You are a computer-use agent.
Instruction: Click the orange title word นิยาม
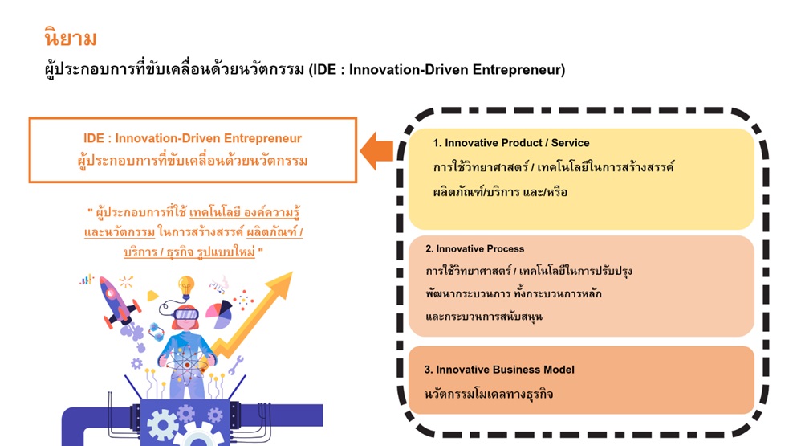[x=71, y=39]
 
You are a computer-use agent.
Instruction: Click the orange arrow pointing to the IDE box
[x=376, y=151]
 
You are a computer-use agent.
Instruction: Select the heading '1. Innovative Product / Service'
[x=510, y=143]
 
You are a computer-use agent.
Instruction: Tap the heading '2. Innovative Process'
[x=474, y=248]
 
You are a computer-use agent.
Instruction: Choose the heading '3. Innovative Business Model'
[x=499, y=370]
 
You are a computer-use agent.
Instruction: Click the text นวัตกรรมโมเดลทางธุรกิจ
[x=489, y=394]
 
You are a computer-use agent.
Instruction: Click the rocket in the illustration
[x=118, y=301]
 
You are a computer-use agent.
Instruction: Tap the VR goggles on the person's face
[x=185, y=314]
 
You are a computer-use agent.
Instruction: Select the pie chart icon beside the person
[x=219, y=314]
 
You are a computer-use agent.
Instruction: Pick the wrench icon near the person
[x=236, y=365]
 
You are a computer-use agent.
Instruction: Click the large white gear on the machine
[x=162, y=424]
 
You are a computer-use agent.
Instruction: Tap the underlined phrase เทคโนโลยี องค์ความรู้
[x=244, y=213]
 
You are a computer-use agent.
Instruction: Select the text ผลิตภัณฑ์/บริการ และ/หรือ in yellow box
[x=500, y=192]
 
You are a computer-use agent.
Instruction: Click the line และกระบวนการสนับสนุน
[x=484, y=317]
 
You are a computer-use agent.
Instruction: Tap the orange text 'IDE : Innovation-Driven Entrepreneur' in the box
[x=193, y=138]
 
